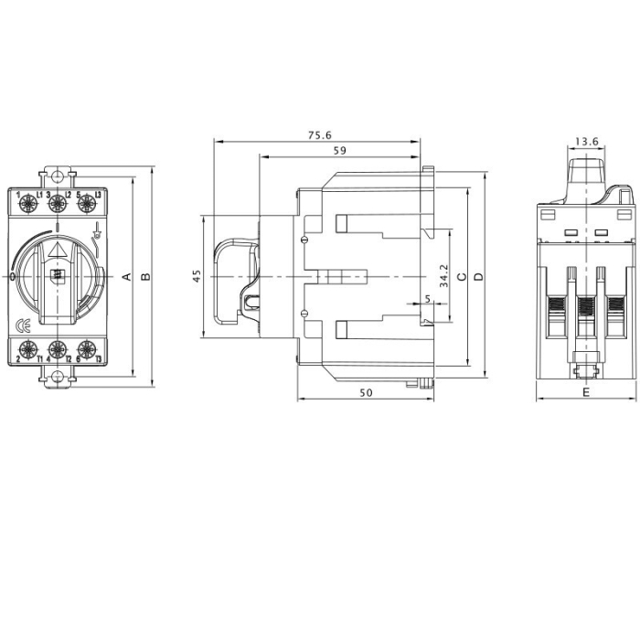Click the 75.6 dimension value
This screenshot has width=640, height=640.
(319, 135)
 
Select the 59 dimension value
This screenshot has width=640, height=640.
(339, 150)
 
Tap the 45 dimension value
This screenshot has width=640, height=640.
(197, 276)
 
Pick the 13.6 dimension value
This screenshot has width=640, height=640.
(586, 142)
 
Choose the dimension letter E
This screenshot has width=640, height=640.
(585, 392)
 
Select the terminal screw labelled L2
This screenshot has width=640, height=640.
(58, 201)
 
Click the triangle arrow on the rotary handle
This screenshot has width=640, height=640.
(58, 249)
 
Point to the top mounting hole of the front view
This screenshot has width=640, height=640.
(58, 176)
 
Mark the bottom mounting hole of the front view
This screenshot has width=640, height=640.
(58, 375)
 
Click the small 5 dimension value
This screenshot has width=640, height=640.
(427, 299)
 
